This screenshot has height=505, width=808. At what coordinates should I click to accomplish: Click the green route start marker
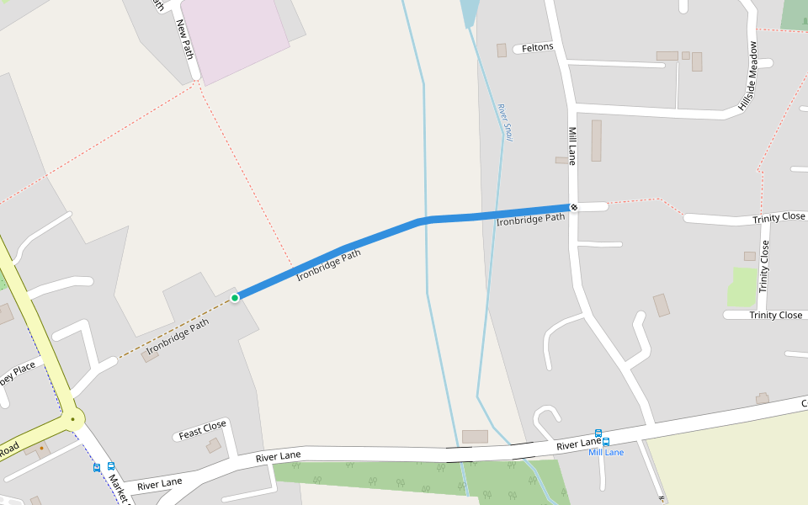click(x=235, y=297)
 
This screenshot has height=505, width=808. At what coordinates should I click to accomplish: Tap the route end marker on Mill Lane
click(x=574, y=207)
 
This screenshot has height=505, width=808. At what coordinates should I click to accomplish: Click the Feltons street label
click(x=538, y=48)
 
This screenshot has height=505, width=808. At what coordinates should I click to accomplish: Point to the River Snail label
click(x=505, y=121)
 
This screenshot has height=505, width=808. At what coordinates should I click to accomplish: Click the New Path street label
click(x=185, y=39)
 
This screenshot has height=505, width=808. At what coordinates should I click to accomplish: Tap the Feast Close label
click(x=202, y=431)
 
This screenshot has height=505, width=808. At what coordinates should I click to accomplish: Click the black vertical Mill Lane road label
click(x=572, y=146)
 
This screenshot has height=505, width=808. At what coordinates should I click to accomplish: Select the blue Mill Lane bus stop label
click(x=606, y=453)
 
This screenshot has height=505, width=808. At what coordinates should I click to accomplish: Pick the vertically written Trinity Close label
click(x=764, y=266)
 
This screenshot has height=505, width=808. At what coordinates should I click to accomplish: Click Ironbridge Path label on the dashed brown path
click(x=178, y=336)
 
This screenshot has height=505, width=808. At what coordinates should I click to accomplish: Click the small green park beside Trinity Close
click(x=743, y=287)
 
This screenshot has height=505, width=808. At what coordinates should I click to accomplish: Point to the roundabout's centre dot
click(x=73, y=418)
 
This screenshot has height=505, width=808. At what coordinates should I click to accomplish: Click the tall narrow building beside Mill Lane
click(x=597, y=141)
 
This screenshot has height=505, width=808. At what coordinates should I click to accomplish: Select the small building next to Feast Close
click(x=214, y=445)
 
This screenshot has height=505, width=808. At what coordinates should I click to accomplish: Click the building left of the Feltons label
click(x=502, y=50)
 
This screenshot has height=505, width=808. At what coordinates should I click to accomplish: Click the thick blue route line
click(x=379, y=235)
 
